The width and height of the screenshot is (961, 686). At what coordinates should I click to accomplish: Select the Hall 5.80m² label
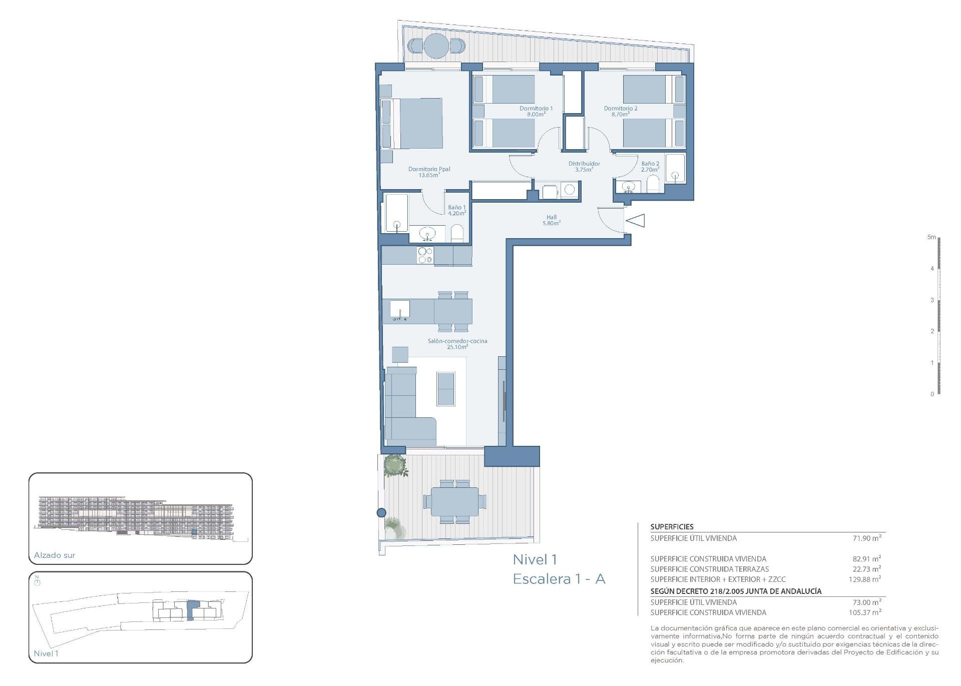click(551, 220)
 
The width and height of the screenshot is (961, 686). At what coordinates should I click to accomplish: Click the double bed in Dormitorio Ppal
click(416, 124)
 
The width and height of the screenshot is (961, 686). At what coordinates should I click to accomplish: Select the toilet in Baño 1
click(457, 234)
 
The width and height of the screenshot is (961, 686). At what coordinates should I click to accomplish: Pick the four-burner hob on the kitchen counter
click(425, 256)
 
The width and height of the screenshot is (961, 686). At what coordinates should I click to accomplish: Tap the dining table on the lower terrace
click(454, 501)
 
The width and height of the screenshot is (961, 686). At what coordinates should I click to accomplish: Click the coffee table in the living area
click(445, 388)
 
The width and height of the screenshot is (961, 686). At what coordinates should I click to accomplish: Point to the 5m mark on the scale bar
click(931, 237)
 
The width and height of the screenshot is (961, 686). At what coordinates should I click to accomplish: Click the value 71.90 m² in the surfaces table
click(866, 538)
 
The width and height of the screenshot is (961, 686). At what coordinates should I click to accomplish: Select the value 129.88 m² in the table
click(864, 579)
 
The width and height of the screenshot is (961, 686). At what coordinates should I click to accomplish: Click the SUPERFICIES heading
click(672, 527)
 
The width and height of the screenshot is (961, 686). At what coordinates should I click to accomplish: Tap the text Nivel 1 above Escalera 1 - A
click(535, 559)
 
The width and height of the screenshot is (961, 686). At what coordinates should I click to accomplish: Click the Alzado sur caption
click(55, 555)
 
